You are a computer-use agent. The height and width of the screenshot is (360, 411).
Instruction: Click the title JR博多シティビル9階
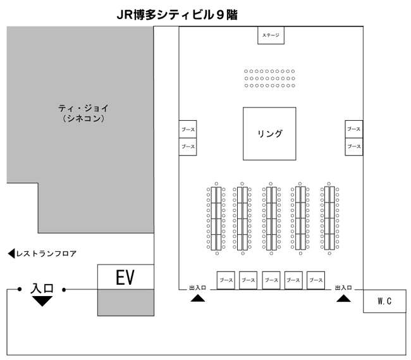point(177,14)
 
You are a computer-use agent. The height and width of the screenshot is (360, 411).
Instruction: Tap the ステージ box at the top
point(271,36)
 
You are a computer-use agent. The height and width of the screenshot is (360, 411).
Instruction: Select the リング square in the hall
point(269,133)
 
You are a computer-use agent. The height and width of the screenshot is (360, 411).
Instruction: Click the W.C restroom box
point(384,301)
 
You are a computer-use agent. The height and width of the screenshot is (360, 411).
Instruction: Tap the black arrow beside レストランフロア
point(11,254)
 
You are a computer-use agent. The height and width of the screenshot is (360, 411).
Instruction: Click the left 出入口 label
point(197,288)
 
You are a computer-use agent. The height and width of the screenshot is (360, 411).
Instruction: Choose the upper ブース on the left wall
point(188,129)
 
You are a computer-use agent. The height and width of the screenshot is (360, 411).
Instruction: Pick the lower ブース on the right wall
point(353,146)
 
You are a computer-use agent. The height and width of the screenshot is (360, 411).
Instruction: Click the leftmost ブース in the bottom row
point(226,280)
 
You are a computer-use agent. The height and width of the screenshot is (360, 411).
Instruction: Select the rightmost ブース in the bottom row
point(316,280)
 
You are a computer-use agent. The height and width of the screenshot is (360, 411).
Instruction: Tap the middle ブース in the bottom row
point(271,280)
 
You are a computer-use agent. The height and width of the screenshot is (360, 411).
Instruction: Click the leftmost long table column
point(216,218)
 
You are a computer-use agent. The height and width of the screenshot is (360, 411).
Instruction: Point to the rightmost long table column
point(329,218)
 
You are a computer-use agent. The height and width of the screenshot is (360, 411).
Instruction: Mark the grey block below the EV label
point(125,302)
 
